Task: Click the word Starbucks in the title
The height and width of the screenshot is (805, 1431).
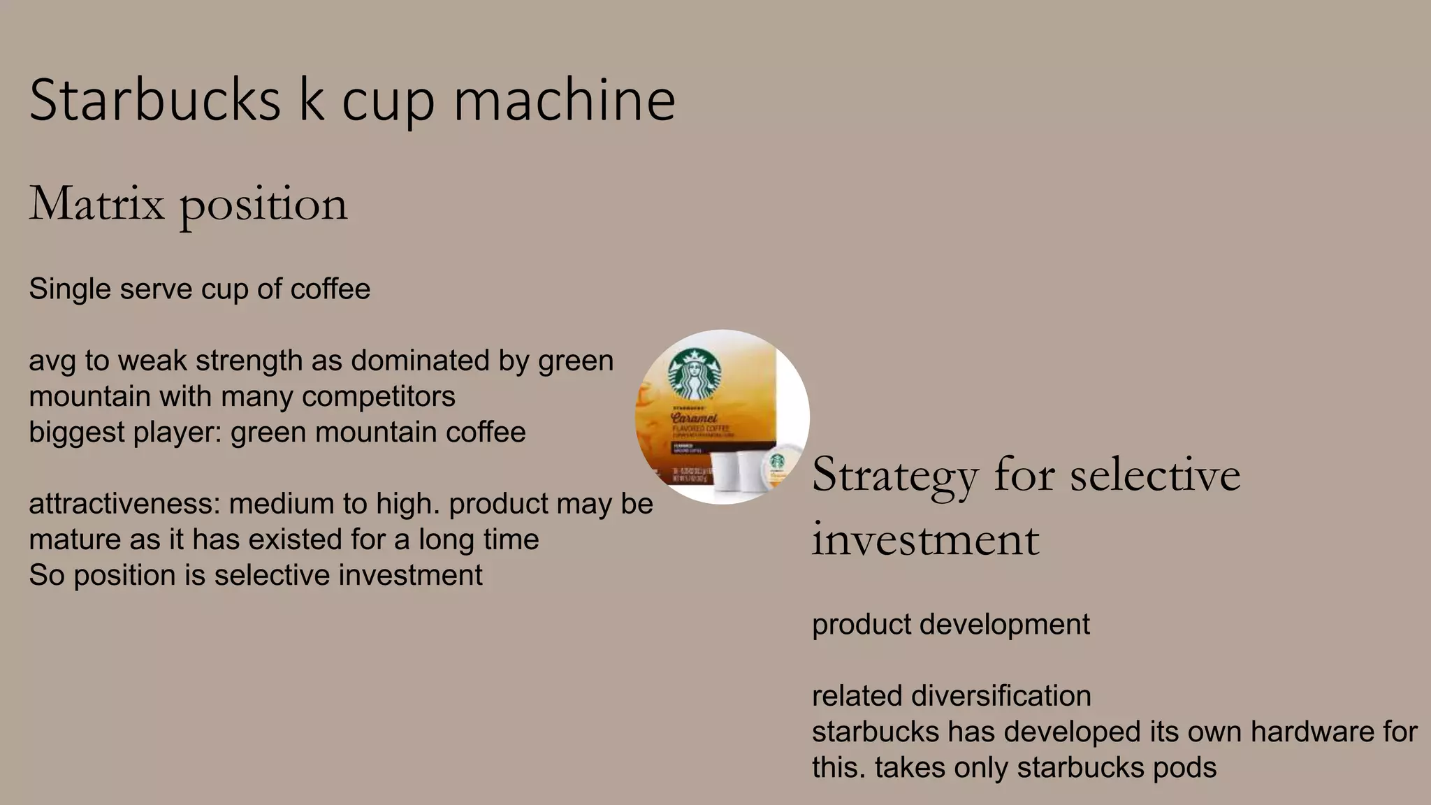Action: point(154,100)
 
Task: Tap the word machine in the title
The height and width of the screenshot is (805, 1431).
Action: point(565,100)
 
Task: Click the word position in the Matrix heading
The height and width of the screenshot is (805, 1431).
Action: point(263,205)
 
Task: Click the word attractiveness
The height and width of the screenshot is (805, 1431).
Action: point(124,504)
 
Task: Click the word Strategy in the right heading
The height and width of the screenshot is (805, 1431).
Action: point(894,475)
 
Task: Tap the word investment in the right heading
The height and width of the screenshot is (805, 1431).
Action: point(925,539)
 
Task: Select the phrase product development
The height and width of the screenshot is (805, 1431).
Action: point(950,624)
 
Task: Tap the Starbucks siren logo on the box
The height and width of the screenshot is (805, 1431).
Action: point(695,373)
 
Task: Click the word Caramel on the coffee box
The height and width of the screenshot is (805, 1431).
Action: point(694,417)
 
